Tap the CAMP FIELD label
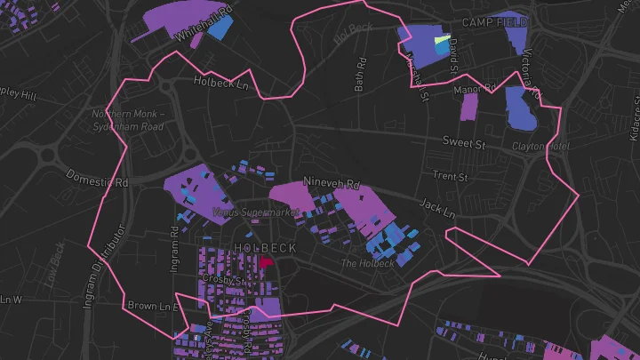click(x=494, y=21)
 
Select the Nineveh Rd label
click(x=332, y=183)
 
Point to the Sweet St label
click(x=464, y=142)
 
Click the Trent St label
click(x=450, y=177)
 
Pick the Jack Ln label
click(x=437, y=209)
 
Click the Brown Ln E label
click(x=153, y=306)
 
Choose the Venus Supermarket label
click(x=256, y=212)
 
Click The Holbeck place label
click(x=368, y=264)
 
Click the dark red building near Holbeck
click(x=268, y=263)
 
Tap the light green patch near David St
click(x=439, y=40)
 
